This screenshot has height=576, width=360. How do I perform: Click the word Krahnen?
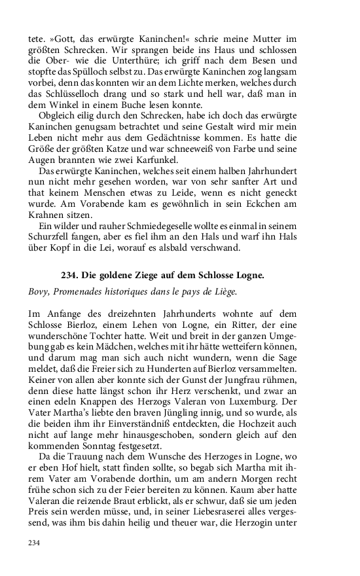point(48,214)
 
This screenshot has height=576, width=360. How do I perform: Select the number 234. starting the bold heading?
point(69,276)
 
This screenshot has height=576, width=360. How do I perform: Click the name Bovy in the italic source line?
point(40,291)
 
